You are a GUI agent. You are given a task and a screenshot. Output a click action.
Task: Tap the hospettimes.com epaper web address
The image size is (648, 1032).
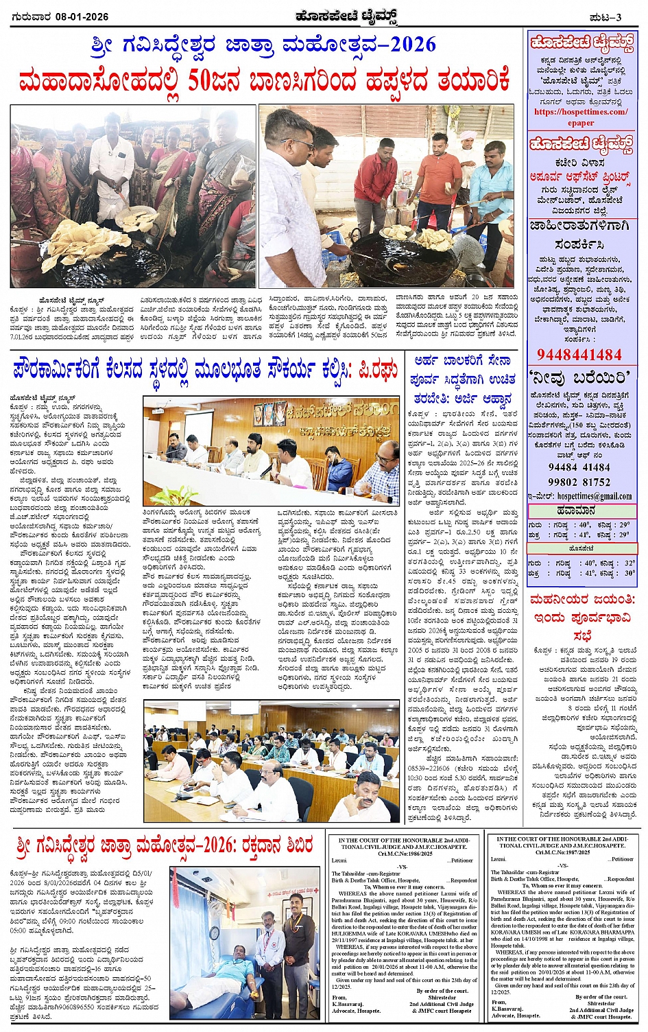coord(581,117)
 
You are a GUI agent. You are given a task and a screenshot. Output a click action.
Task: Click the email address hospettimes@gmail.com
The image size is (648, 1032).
coord(594,496)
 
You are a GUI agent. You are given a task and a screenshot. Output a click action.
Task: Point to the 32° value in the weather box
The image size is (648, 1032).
coord(629,563)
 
